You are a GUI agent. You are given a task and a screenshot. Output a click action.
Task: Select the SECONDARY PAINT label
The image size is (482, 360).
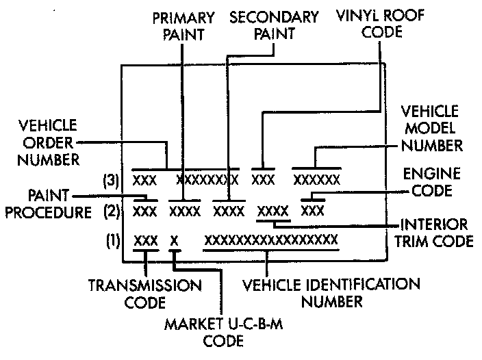click(x=274, y=26)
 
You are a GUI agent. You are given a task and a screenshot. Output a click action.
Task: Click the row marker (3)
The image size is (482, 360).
click(x=109, y=181)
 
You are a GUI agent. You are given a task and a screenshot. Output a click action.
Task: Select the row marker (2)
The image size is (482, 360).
click(x=110, y=211)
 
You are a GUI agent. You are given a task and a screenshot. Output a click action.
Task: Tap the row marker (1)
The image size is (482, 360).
click(x=110, y=241)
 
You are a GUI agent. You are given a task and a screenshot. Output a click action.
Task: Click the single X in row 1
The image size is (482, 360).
click(x=174, y=240)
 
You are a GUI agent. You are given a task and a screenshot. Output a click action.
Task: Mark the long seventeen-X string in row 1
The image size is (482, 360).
click(x=271, y=240)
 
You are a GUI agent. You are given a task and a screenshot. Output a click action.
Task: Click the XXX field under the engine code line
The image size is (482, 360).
click(x=312, y=210)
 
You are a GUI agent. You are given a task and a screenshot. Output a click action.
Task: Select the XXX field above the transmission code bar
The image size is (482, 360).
click(x=145, y=240)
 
